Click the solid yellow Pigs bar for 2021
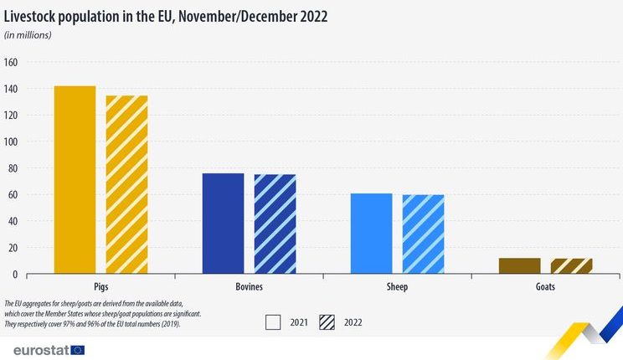point(75,180)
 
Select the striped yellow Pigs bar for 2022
point(126,184)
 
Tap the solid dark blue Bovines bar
point(224,224)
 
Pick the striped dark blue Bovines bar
point(275,224)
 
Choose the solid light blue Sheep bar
point(372,234)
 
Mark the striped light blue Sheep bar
point(423,234)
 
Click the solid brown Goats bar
point(520,266)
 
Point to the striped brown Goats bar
point(571,266)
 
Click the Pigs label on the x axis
point(101,287)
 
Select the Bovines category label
point(250,286)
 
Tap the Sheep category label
point(397,287)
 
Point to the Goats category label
point(545,286)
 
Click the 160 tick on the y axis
point(11,62)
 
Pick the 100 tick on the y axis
point(11,141)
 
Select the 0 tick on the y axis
point(15,274)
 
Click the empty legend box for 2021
point(273,322)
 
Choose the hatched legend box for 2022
point(327,322)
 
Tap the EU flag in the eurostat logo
point(78,350)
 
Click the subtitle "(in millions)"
point(28,35)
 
